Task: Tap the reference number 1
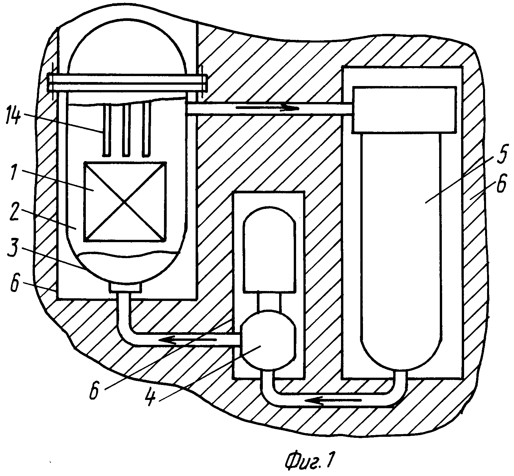click(x=14, y=173)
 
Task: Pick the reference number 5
click(x=501, y=155)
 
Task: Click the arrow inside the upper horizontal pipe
click(x=268, y=107)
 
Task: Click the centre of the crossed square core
click(x=125, y=201)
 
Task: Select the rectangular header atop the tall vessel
click(x=404, y=109)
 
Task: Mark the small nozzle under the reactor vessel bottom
click(x=125, y=287)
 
